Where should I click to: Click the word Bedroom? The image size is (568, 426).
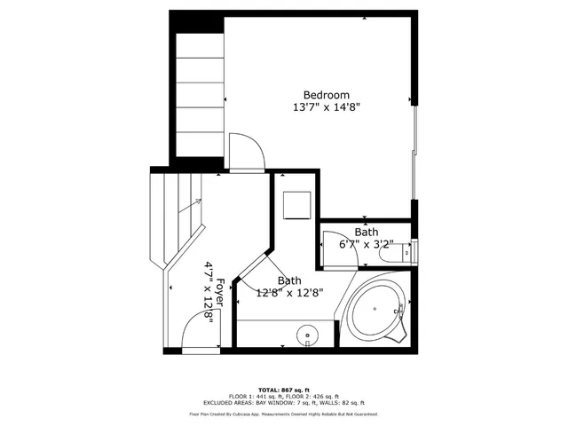click(x=327, y=95)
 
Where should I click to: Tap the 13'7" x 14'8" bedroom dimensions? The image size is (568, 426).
click(x=327, y=107)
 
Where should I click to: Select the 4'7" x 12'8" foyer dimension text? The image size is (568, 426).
click(x=209, y=294)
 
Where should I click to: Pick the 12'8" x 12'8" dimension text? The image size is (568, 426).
click(x=289, y=292)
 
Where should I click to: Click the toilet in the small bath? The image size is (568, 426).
click(x=390, y=254)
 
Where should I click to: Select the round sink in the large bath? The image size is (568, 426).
click(x=307, y=335)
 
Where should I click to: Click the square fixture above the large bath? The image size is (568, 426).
click(x=295, y=204)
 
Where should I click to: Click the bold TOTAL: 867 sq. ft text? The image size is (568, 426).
click(x=284, y=390)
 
